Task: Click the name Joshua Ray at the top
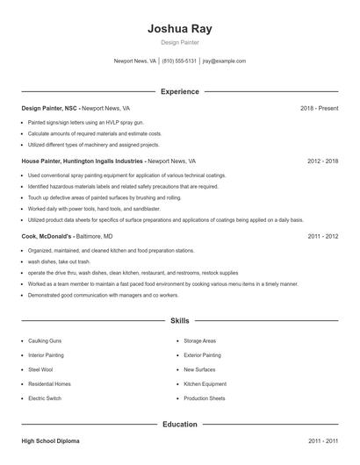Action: coord(180,28)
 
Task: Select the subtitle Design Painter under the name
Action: coord(180,43)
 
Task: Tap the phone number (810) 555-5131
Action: coord(179,61)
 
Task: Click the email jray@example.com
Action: coord(224,61)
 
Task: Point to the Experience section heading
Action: coord(180,91)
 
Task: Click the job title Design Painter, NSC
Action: coord(48,108)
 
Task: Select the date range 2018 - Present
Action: coord(320,108)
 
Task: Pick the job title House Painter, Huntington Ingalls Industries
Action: coord(83,161)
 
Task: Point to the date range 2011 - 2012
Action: coord(323,236)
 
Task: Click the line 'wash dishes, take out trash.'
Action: coord(59,261)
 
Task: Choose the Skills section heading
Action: coord(180,321)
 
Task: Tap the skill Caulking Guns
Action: coord(46,340)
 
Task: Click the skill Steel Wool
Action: coord(40,369)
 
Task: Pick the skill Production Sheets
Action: coord(204,398)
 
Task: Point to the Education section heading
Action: coord(180,424)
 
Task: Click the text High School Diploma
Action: coord(50,440)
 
